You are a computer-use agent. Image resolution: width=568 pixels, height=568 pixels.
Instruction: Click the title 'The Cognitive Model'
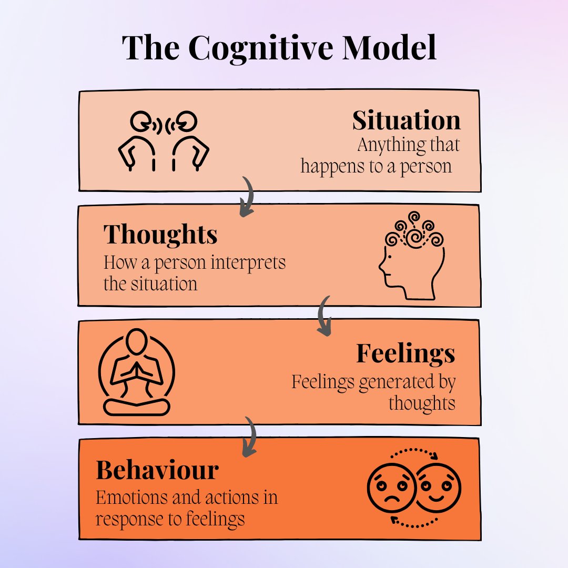[x=279, y=48]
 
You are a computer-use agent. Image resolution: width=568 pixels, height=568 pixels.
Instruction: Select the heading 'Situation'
[x=406, y=121]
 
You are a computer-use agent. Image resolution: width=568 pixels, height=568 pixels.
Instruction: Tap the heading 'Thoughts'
[x=160, y=235]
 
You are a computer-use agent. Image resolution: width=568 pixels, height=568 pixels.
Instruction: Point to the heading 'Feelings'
[x=405, y=353]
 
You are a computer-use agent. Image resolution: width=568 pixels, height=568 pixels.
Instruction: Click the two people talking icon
[x=163, y=141]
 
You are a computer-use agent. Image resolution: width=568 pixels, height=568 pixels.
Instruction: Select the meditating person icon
[x=136, y=372]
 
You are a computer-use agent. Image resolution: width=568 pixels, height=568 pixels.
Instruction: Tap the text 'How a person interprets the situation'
[x=195, y=273]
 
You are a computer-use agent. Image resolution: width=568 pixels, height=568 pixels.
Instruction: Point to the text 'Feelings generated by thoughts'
[x=374, y=392]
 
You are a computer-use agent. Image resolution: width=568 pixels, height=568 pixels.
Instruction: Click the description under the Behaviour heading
[x=187, y=508]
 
